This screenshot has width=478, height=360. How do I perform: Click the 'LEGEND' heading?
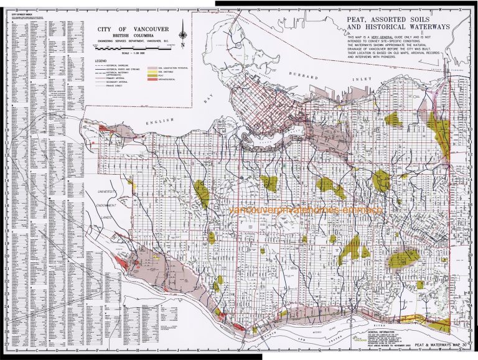click(x=101, y=60)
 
